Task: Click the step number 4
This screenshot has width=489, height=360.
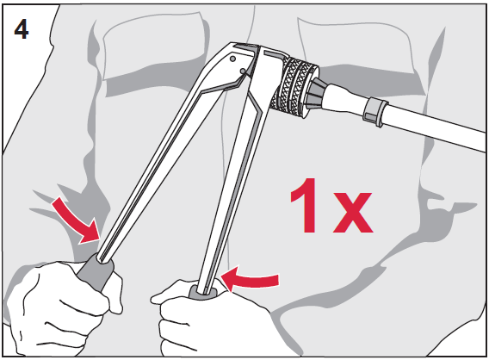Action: [x=22, y=30]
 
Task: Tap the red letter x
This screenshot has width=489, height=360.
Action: [x=353, y=212]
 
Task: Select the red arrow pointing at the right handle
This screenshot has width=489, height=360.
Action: [x=250, y=278]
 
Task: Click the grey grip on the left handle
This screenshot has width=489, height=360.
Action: [x=96, y=271]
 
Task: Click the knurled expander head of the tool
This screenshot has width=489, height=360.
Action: [x=294, y=87]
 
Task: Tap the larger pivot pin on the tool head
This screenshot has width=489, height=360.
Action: [x=232, y=59]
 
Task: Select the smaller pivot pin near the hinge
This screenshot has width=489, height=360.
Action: [x=243, y=71]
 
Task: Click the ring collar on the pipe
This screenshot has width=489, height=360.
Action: [x=375, y=112]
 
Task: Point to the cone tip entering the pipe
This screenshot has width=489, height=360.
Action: [x=317, y=93]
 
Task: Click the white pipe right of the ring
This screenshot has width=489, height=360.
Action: [x=435, y=127]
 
